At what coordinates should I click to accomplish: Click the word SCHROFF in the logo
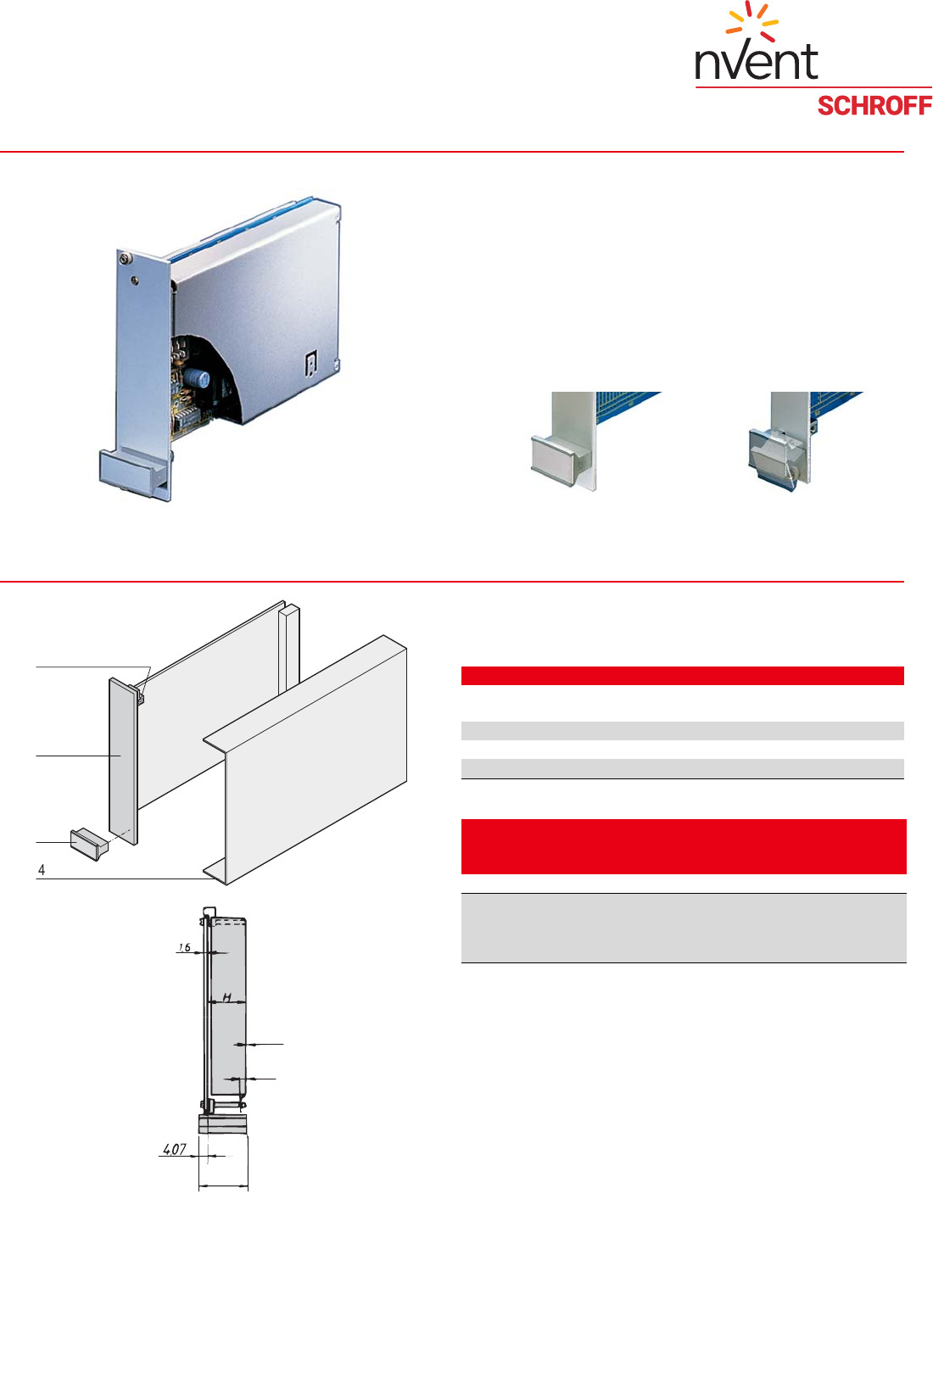(874, 106)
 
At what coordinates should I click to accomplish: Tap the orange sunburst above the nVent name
(752, 21)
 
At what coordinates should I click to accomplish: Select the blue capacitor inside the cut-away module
(204, 377)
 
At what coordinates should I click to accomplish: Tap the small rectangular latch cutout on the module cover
(310, 364)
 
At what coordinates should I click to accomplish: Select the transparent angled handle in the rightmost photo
(774, 457)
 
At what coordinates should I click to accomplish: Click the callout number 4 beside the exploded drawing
(42, 869)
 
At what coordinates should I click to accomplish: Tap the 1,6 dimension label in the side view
(184, 947)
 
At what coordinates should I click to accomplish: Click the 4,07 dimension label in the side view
(175, 1149)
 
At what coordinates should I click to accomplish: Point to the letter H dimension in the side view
(227, 997)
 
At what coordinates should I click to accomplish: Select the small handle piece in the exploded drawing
(89, 844)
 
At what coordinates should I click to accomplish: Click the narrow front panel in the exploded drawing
(123, 761)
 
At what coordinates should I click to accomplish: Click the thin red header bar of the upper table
(682, 676)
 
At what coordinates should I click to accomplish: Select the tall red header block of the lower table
(684, 846)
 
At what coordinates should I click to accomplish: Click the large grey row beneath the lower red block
(684, 928)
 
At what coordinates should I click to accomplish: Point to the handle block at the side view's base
(222, 1124)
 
